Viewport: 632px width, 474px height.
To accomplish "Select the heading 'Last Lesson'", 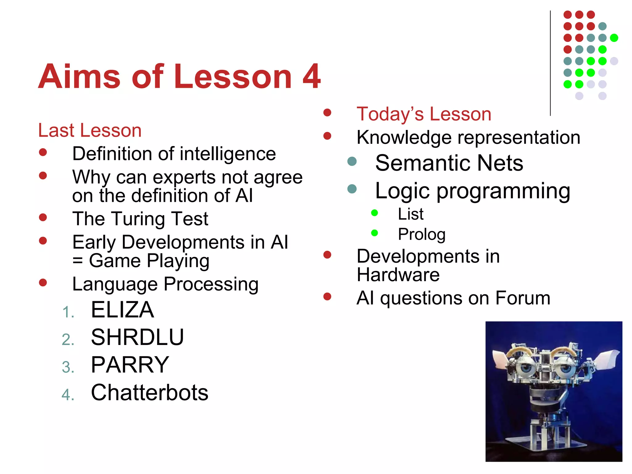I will [x=90, y=130].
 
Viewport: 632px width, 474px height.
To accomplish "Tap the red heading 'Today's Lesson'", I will [x=424, y=114].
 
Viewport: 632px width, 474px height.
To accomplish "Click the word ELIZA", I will [x=123, y=310].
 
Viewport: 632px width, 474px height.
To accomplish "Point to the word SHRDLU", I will [x=137, y=337].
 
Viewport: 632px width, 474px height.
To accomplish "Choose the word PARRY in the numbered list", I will [x=130, y=365].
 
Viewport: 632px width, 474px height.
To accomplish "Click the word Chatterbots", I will [x=150, y=393].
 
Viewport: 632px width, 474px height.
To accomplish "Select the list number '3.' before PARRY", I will [x=68, y=367].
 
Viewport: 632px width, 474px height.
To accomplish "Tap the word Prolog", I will [x=422, y=234].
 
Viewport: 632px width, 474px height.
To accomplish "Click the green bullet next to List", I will [x=375, y=213].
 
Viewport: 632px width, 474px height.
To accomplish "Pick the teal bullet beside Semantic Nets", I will [x=352, y=161].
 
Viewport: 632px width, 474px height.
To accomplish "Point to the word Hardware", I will [x=398, y=275].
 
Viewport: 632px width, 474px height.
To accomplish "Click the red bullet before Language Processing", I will [x=43, y=282].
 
